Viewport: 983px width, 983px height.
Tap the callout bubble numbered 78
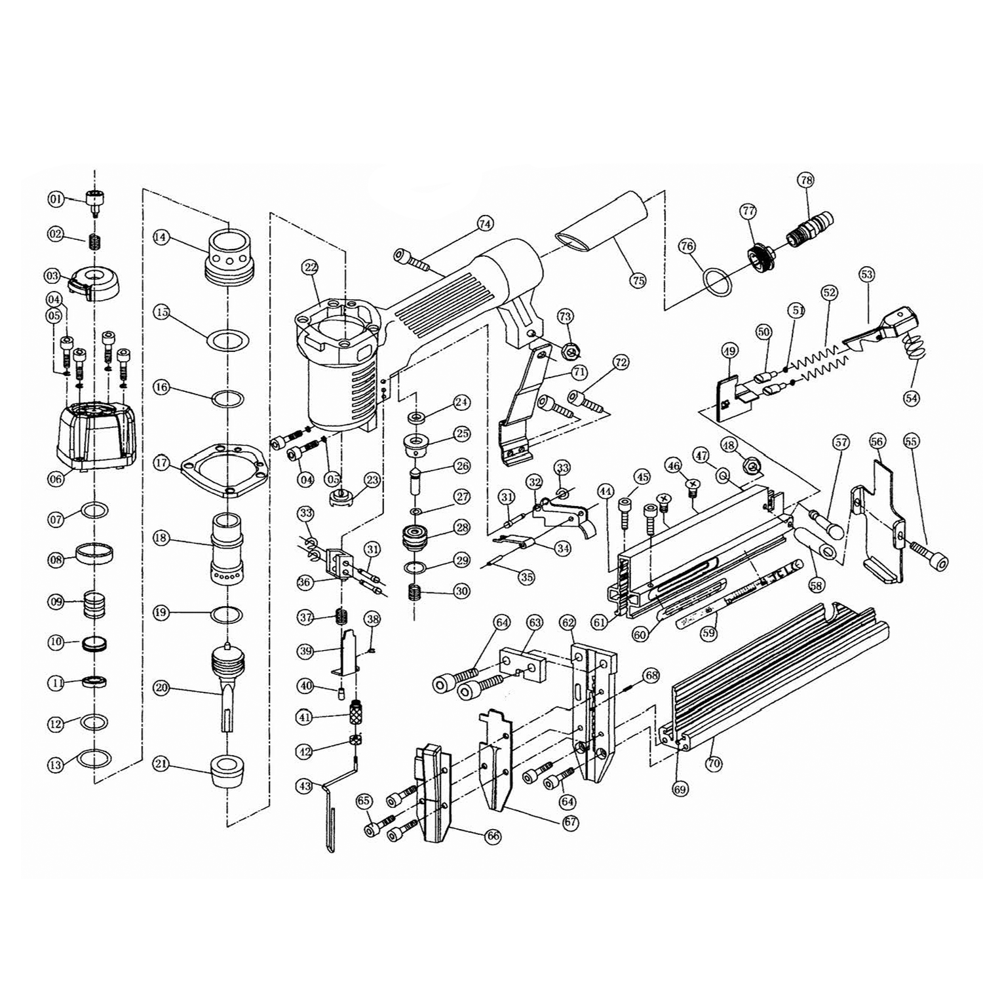coord(805,180)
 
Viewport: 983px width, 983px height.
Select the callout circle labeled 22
coord(311,267)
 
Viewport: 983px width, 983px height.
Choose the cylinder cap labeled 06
coord(96,434)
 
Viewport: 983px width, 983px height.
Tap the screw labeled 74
coord(412,259)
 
